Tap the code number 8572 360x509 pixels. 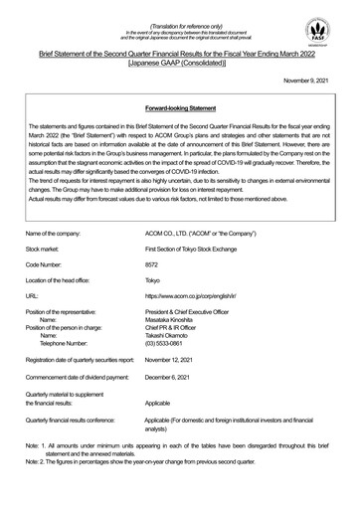(179, 294)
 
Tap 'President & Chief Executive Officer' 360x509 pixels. (229, 340)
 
